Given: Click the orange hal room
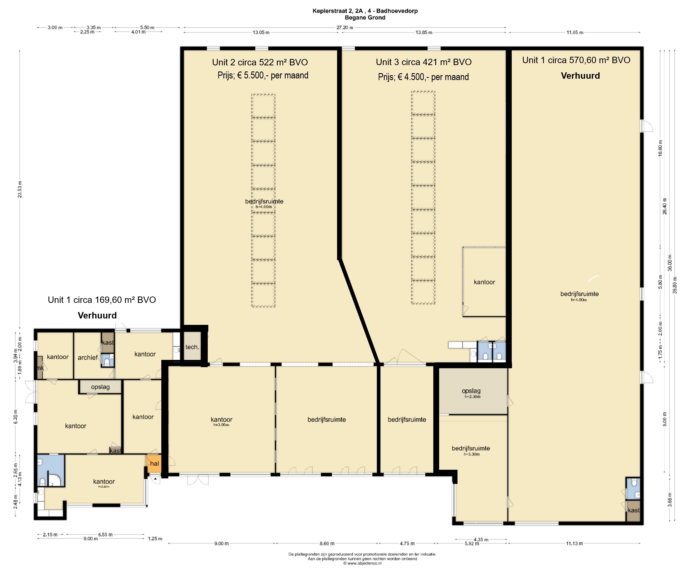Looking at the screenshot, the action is [x=154, y=464].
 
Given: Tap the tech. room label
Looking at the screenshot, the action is [x=192, y=347].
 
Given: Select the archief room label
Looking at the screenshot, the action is [x=87, y=357].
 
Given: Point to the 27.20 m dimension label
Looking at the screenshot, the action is [x=345, y=28].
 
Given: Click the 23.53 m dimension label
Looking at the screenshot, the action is [x=20, y=190].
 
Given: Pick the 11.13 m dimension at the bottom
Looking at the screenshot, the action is [x=574, y=543].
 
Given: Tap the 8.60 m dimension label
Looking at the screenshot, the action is [x=327, y=543].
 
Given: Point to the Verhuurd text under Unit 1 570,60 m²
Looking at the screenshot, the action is [x=580, y=76].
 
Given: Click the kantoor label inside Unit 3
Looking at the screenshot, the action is [x=484, y=282].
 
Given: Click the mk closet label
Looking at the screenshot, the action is [x=40, y=368].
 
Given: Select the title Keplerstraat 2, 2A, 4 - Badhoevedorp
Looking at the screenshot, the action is [x=365, y=11].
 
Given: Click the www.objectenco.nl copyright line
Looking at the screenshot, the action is [x=362, y=563].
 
